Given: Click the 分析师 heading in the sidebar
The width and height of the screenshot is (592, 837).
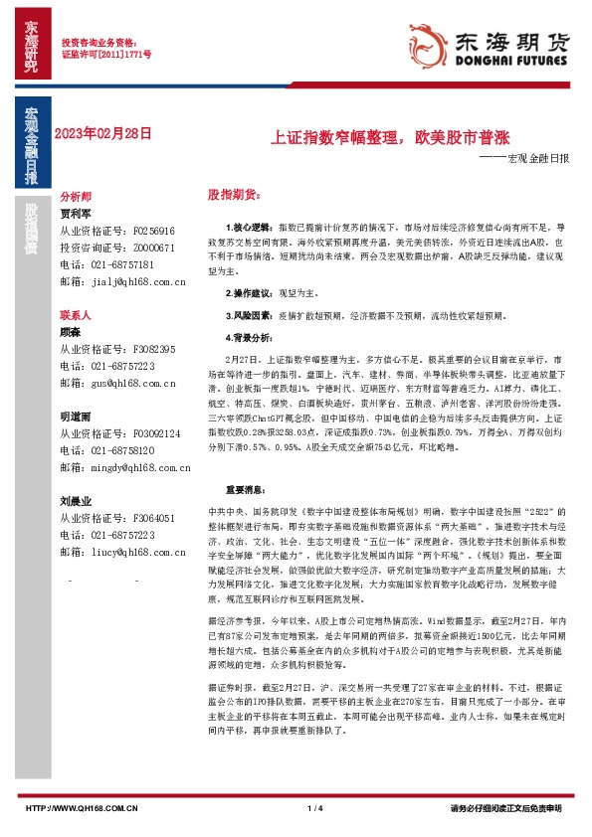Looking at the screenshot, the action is [76, 198].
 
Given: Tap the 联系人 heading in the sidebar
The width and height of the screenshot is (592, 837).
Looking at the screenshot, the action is [76, 314].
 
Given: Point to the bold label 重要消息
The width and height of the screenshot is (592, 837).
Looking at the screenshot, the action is [246, 490].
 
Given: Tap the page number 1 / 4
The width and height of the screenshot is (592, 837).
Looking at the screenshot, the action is [316, 808].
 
